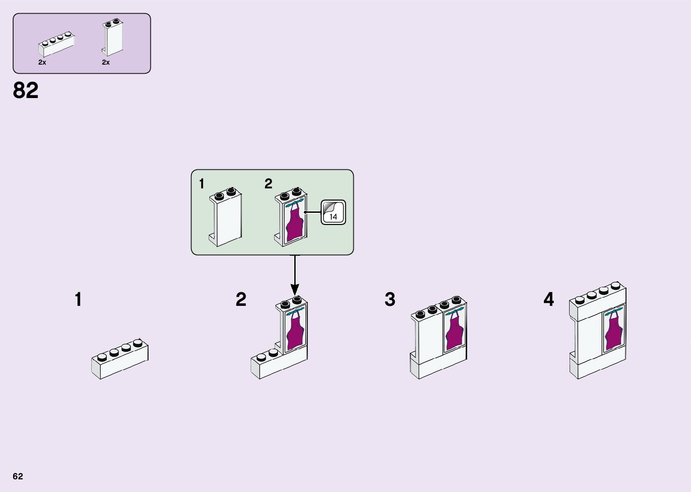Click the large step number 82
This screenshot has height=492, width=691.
(26, 90)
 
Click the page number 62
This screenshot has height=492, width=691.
(18, 476)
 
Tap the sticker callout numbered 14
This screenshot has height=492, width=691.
(333, 212)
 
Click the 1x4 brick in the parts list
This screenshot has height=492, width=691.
(56, 43)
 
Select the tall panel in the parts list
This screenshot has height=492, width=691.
(112, 38)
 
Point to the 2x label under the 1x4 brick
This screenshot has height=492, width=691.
(42, 62)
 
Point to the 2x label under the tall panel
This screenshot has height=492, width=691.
(106, 62)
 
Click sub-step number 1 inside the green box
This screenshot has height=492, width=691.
(201, 184)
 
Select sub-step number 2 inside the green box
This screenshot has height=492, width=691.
(268, 184)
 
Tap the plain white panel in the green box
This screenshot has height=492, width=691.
(226, 219)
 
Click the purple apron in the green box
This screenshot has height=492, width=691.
(295, 224)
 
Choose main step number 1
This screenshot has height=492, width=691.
(78, 300)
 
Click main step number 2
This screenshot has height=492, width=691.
(241, 300)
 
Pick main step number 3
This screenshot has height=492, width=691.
(390, 300)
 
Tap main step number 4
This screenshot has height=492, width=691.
(548, 300)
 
